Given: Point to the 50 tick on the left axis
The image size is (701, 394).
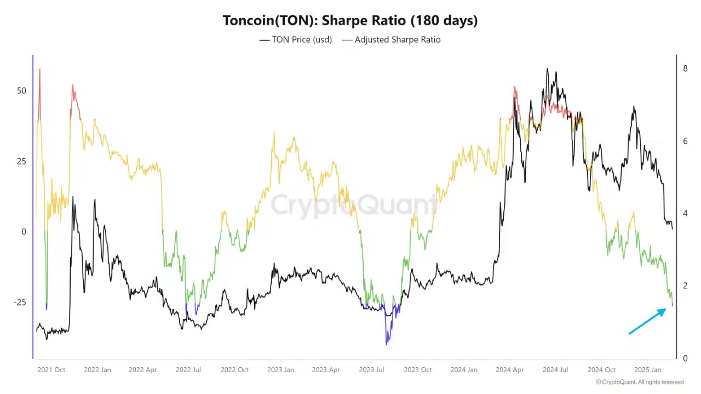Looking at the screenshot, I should [x=21, y=90].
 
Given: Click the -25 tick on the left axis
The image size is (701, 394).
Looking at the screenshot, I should [x=20, y=303].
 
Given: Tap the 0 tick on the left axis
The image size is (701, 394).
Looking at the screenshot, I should [x=24, y=231].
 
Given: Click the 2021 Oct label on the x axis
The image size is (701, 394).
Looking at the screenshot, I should [x=51, y=370].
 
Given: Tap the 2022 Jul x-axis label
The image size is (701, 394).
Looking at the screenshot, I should [x=189, y=370].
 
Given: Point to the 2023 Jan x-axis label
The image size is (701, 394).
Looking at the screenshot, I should [x=280, y=370].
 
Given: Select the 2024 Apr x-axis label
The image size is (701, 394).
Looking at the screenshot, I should [x=509, y=370].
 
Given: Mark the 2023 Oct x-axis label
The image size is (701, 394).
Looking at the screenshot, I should [x=418, y=370].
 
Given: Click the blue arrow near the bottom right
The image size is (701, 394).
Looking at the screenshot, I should [x=647, y=321].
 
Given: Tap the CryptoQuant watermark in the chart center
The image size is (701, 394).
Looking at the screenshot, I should [x=353, y=205].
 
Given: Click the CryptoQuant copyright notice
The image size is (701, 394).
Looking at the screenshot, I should [x=639, y=382].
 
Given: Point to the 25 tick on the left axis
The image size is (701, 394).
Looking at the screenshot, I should [x=21, y=161].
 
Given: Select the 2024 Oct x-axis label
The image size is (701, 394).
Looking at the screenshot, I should [x=601, y=370].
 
